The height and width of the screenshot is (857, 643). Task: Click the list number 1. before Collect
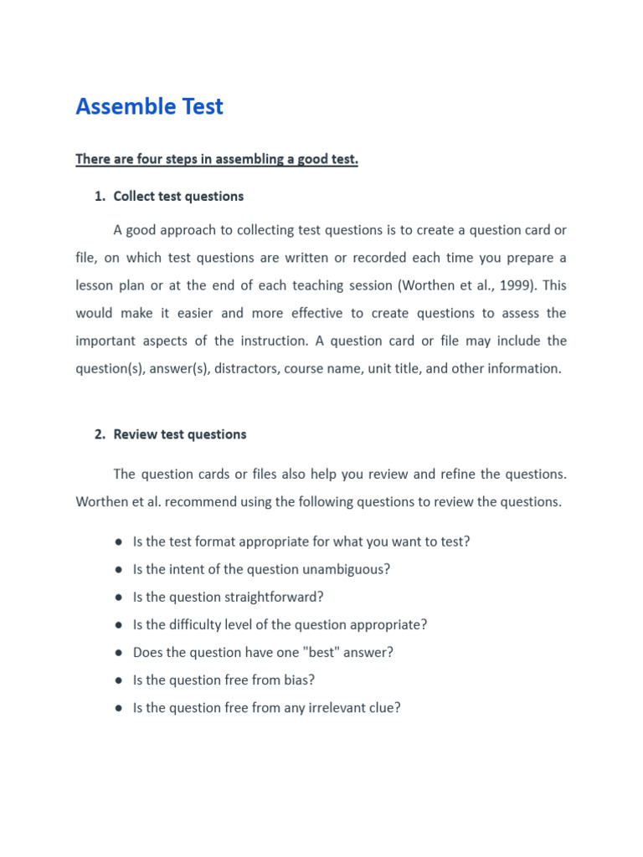(x=100, y=197)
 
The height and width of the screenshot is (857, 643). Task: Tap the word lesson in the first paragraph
(x=95, y=285)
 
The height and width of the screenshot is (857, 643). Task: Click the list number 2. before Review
(x=100, y=434)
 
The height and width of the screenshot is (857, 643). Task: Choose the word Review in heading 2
(x=136, y=434)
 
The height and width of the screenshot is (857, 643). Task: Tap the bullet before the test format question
(x=120, y=541)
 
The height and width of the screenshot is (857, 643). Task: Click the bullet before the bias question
(x=120, y=680)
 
